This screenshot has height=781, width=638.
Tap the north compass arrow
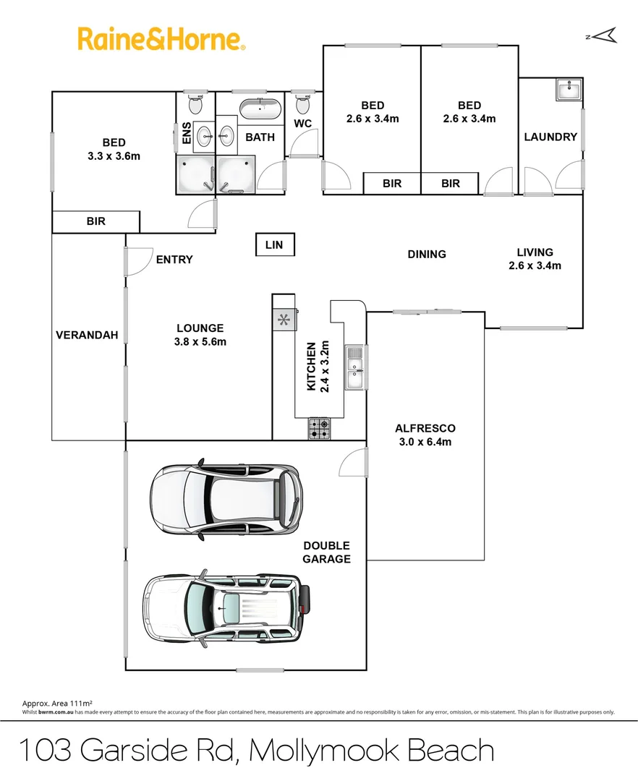pyautogui.click(x=605, y=35)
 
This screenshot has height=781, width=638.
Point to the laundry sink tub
pyautogui.click(x=569, y=90)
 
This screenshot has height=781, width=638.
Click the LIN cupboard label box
pyautogui.click(x=274, y=245)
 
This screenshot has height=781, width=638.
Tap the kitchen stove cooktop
pyautogui.click(x=320, y=430)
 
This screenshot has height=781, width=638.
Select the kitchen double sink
pyautogui.click(x=354, y=367)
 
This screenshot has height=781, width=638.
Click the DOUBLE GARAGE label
pyautogui.click(x=326, y=552)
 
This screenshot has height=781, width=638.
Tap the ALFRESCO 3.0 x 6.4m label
pyautogui.click(x=425, y=435)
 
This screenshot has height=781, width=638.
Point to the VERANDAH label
pyautogui.click(x=87, y=336)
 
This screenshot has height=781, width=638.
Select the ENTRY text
pyautogui.click(x=174, y=260)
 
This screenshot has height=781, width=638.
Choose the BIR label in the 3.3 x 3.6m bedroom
pyautogui.click(x=95, y=221)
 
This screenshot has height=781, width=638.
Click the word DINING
pyautogui.click(x=426, y=254)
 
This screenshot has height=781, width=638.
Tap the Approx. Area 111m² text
pyautogui.click(x=57, y=703)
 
